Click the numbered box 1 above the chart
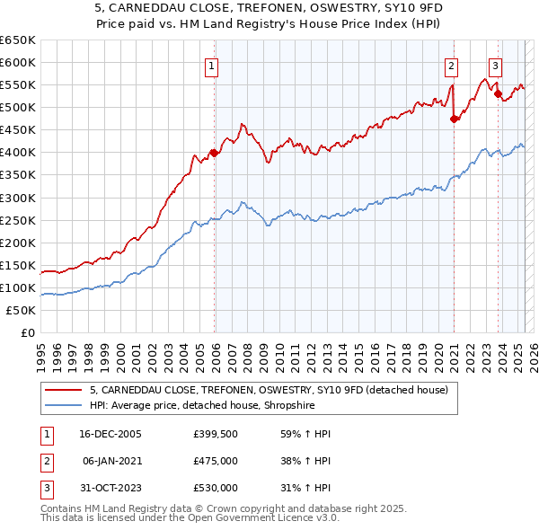210,65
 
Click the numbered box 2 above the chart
450,65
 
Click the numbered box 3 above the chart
494,65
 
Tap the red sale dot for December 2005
215,153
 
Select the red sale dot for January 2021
455,118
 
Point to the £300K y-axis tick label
18,198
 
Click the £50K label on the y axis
22,310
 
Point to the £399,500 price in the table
215,434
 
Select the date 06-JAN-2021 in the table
111,461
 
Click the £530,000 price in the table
215,488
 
